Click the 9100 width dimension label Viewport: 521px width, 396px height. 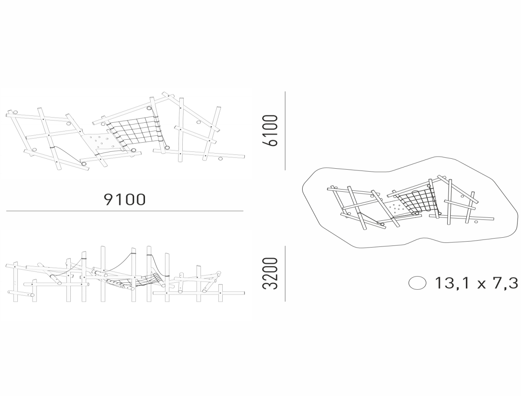click(x=125, y=200)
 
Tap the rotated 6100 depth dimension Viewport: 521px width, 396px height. click(x=270, y=130)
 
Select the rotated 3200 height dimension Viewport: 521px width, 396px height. click(x=270, y=273)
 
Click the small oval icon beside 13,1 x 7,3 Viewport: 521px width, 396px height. click(x=417, y=283)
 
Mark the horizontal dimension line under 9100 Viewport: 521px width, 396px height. click(x=125, y=210)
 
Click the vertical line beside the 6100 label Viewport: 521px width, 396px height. click(x=285, y=131)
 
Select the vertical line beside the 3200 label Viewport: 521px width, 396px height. click(x=285, y=274)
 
